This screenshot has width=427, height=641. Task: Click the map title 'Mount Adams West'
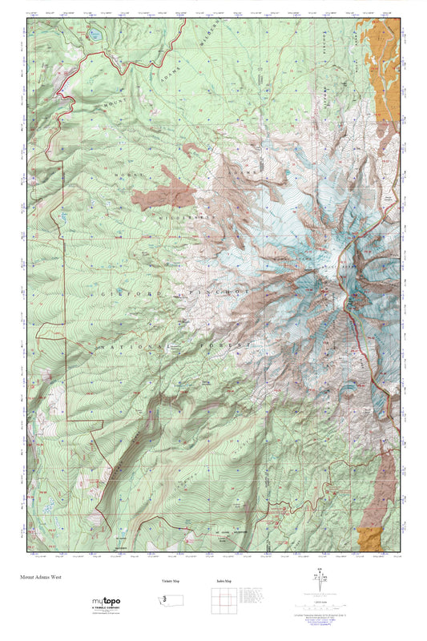click(42, 576)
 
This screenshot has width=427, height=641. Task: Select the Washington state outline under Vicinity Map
click(170, 600)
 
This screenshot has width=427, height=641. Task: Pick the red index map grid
click(222, 601)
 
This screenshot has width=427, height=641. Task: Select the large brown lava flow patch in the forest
click(164, 192)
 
